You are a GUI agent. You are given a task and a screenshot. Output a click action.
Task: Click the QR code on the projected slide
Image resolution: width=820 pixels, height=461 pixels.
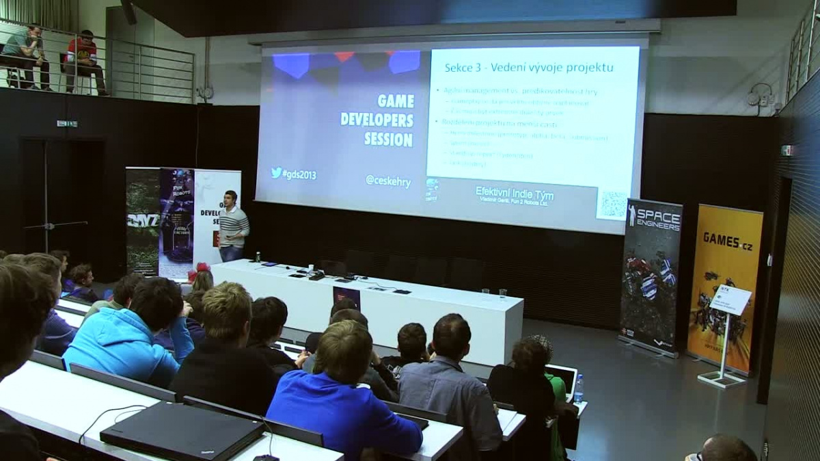tap(612, 204)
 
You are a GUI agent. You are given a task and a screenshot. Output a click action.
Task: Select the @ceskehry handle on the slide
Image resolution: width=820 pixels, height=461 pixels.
tap(388, 181)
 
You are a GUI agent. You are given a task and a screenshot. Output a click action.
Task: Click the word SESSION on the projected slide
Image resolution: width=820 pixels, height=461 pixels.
tap(388, 140)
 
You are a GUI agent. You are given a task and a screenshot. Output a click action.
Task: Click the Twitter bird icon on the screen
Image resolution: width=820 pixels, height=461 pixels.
tap(276, 173)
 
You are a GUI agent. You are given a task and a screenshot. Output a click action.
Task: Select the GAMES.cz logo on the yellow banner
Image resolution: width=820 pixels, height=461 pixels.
tap(727, 241)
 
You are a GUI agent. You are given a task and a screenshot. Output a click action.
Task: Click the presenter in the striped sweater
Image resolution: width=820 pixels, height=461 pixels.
tap(233, 226)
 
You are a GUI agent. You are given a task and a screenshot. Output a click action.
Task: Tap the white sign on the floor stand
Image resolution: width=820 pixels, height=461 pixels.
tap(730, 300)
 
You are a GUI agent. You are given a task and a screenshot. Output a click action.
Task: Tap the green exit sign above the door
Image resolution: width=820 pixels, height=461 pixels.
tap(67, 124)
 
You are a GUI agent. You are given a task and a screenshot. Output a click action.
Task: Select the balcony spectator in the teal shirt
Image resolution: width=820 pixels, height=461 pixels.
tap(27, 55)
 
